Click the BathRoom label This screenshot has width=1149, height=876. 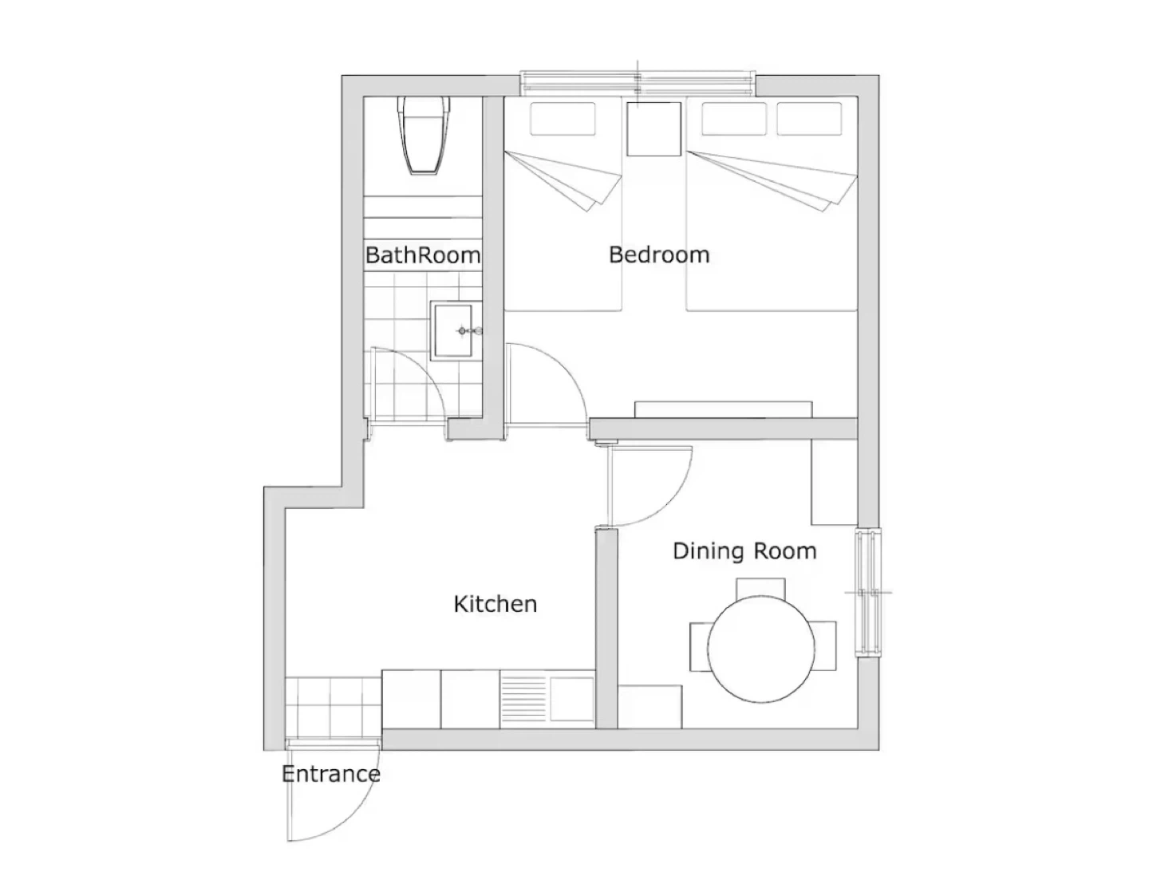(422, 255)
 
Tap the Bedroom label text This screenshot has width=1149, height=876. (658, 255)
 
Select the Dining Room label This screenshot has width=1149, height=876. (744, 551)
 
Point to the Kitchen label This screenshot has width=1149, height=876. (496, 604)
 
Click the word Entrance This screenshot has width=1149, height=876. (331, 774)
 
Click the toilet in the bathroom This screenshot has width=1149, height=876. (424, 135)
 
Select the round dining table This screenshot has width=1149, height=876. (760, 649)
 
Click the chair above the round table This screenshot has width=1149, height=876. (760, 588)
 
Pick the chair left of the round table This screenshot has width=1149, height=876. (699, 646)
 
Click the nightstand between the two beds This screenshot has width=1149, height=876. (653, 128)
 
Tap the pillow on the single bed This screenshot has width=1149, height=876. (563, 119)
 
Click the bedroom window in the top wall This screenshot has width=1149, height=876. (638, 85)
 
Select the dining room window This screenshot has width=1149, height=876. (868, 592)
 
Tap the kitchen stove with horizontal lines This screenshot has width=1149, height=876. (524, 699)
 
